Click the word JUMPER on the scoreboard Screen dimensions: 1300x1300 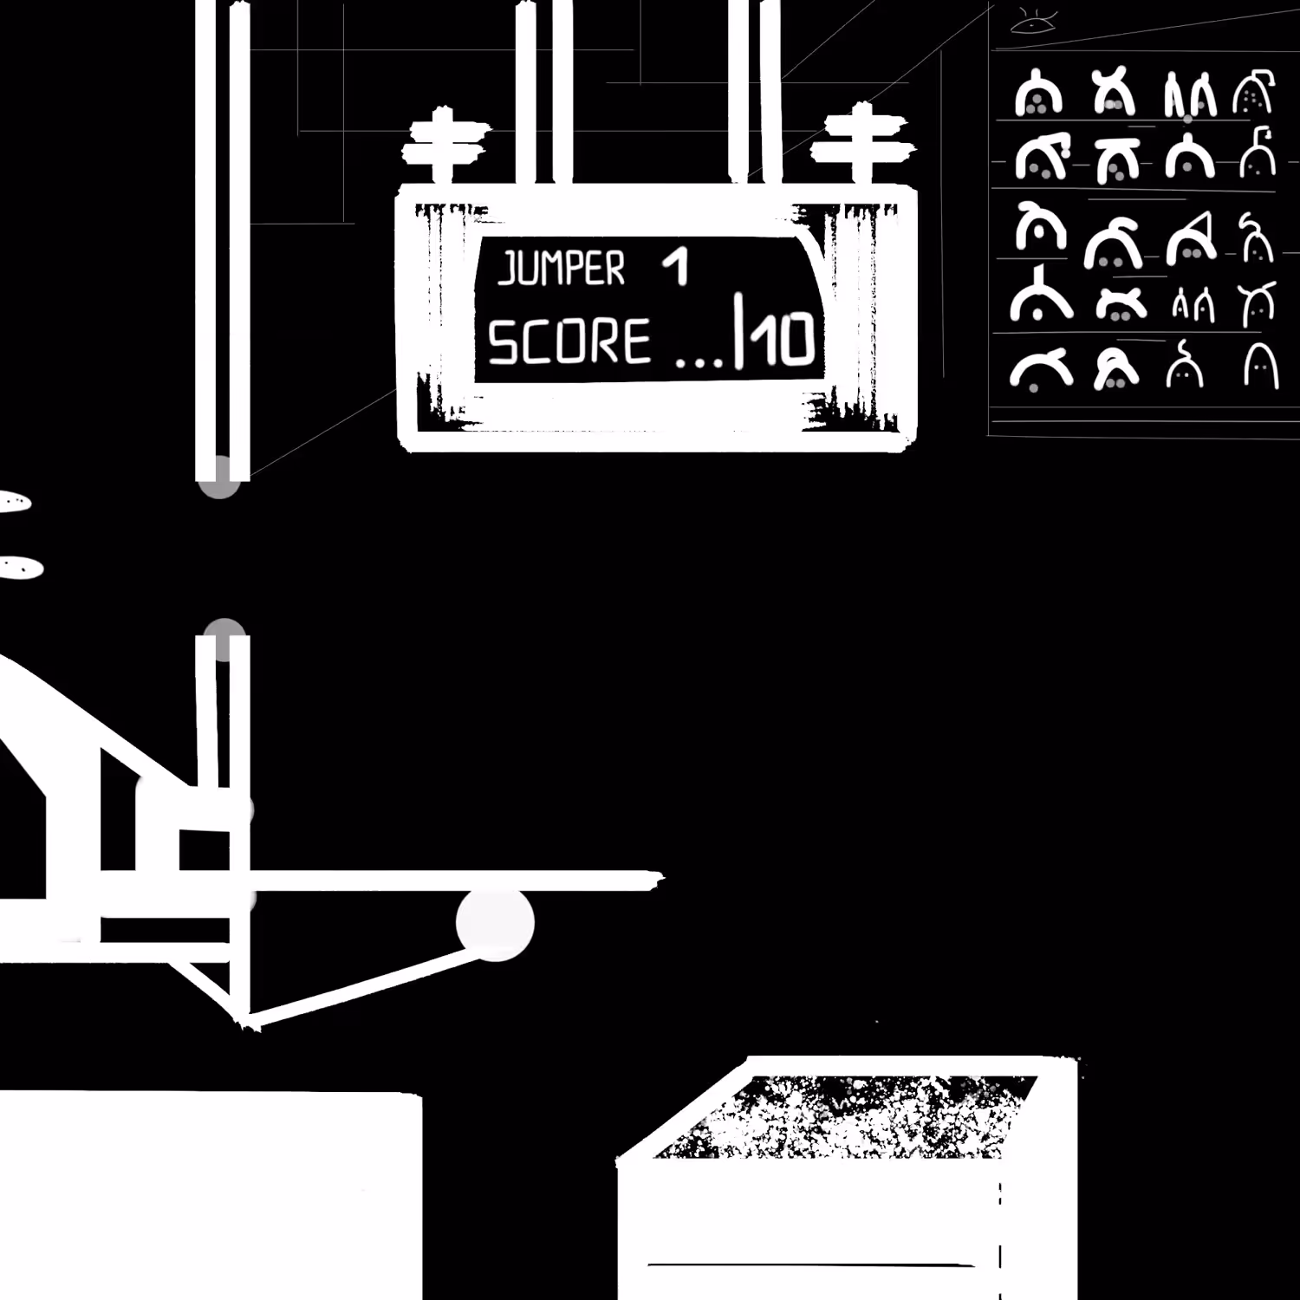click(x=561, y=268)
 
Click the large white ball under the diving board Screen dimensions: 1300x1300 click(x=495, y=925)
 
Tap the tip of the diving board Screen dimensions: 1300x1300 click(x=662, y=881)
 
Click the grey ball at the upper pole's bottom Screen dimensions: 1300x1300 click(x=219, y=479)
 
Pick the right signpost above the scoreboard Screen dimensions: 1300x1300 click(x=862, y=143)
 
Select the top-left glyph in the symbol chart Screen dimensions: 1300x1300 click(x=1038, y=93)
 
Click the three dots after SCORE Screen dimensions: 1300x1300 click(x=697, y=359)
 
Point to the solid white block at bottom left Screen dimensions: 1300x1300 click(x=211, y=1196)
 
